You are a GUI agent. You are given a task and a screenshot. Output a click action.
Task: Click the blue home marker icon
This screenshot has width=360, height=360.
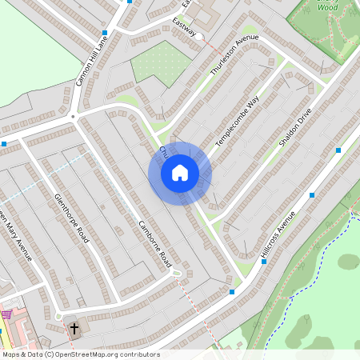[x=180, y=173]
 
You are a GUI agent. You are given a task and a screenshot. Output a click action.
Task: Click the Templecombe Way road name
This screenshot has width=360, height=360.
[x=238, y=122]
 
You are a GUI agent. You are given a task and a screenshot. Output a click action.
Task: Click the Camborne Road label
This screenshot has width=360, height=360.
[x=155, y=243]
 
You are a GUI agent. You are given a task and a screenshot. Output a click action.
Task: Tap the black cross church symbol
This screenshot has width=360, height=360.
[x=74, y=328]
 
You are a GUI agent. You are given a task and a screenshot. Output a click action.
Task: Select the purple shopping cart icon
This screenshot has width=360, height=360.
[x=6, y=314]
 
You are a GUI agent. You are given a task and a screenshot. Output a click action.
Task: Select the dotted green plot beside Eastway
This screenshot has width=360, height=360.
[x=160, y=62]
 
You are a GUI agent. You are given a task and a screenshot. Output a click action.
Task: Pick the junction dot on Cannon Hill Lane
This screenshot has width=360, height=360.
[x=73, y=117]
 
